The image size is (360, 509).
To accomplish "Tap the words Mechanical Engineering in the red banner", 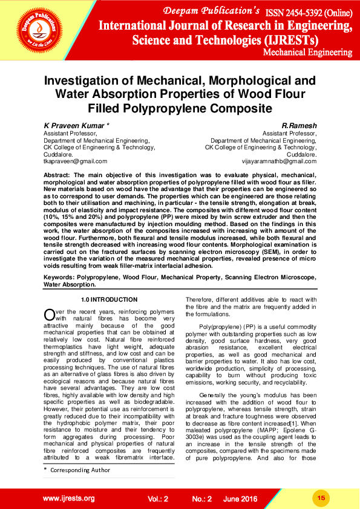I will pos(308,52).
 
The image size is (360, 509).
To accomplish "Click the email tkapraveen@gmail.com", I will pos(75,161).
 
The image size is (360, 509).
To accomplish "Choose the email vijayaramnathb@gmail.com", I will pos(280,161).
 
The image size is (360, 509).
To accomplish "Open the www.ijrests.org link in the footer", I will pos(68,498).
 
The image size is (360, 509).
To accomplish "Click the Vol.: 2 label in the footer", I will pos(158,499).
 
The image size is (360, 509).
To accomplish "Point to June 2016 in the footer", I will pos(241,499).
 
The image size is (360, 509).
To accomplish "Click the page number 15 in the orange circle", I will pos(321,498).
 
